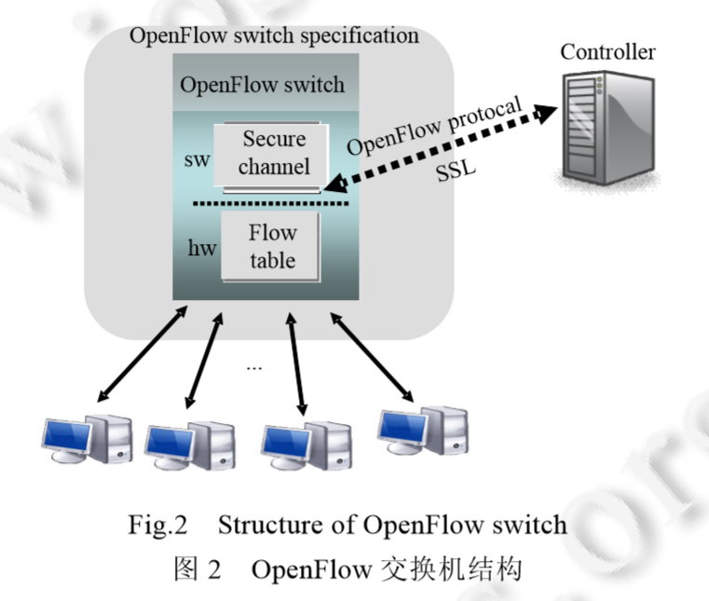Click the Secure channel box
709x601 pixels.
pyautogui.click(x=272, y=154)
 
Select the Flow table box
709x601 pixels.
pyautogui.click(x=271, y=246)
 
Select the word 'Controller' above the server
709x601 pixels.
pyautogui.click(x=607, y=51)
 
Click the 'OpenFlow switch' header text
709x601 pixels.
pyautogui.click(x=262, y=85)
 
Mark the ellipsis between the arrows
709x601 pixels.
pyautogui.click(x=253, y=366)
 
